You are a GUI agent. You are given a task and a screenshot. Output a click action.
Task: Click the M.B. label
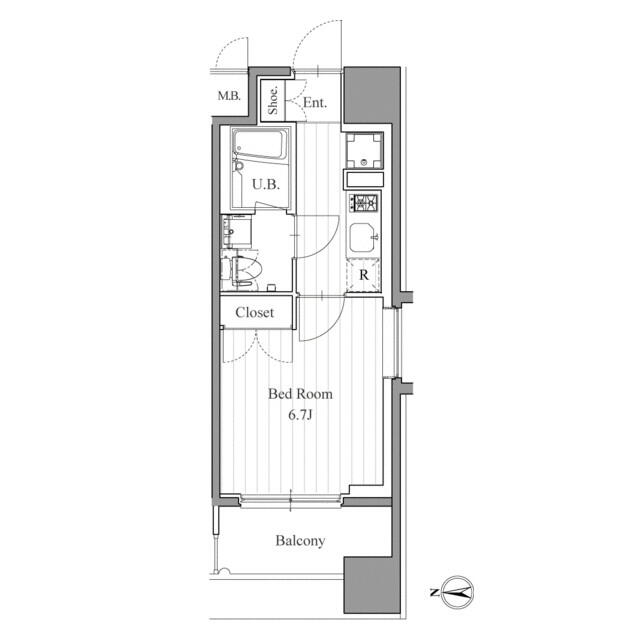229,96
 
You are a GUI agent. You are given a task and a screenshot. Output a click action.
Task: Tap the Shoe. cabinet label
273,100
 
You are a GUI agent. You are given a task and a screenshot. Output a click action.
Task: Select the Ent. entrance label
315,102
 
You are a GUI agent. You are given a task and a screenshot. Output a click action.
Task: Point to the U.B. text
266,184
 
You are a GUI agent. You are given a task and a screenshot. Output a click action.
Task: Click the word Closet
255,313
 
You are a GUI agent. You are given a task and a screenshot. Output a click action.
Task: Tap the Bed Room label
300,394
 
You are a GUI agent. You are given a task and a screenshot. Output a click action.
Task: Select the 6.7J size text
300,415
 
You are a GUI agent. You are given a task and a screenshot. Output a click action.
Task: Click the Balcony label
300,540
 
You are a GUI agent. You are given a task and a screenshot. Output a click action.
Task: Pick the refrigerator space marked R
363,275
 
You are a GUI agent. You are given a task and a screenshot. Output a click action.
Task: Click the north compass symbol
456,592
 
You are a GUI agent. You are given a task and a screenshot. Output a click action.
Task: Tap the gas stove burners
364,203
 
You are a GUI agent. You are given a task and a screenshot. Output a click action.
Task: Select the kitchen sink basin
363,238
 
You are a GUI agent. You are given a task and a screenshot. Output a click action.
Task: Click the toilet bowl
247,270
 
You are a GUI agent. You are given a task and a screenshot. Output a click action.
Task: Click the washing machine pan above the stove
364,150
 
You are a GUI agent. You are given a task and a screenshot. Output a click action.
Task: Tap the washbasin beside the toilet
236,231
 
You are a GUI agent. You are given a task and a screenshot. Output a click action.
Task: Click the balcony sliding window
291,500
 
